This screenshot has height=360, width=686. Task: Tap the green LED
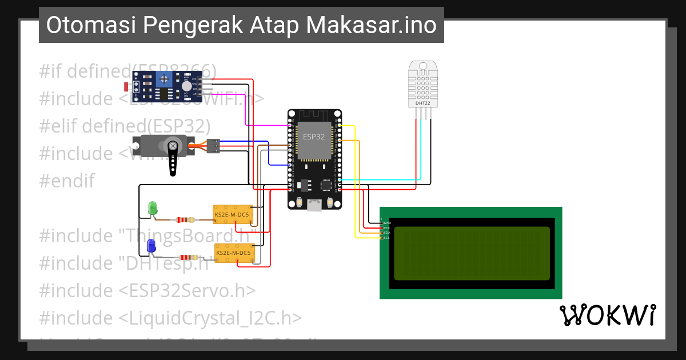153,207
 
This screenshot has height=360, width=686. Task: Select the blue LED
151,246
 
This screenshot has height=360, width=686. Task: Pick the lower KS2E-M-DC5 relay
233,253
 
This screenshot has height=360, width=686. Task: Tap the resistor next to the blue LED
189,258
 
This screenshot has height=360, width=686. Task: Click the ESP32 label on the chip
313,137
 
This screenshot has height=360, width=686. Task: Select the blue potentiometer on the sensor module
165,79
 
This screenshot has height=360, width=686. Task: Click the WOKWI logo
607,315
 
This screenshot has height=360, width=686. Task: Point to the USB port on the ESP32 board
314,205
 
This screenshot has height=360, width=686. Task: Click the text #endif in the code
66,181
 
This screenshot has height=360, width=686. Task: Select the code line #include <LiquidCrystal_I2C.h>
170,318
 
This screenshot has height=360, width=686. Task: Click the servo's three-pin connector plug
213,146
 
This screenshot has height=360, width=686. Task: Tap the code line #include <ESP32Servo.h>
147,290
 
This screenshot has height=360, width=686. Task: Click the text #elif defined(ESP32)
125,126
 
